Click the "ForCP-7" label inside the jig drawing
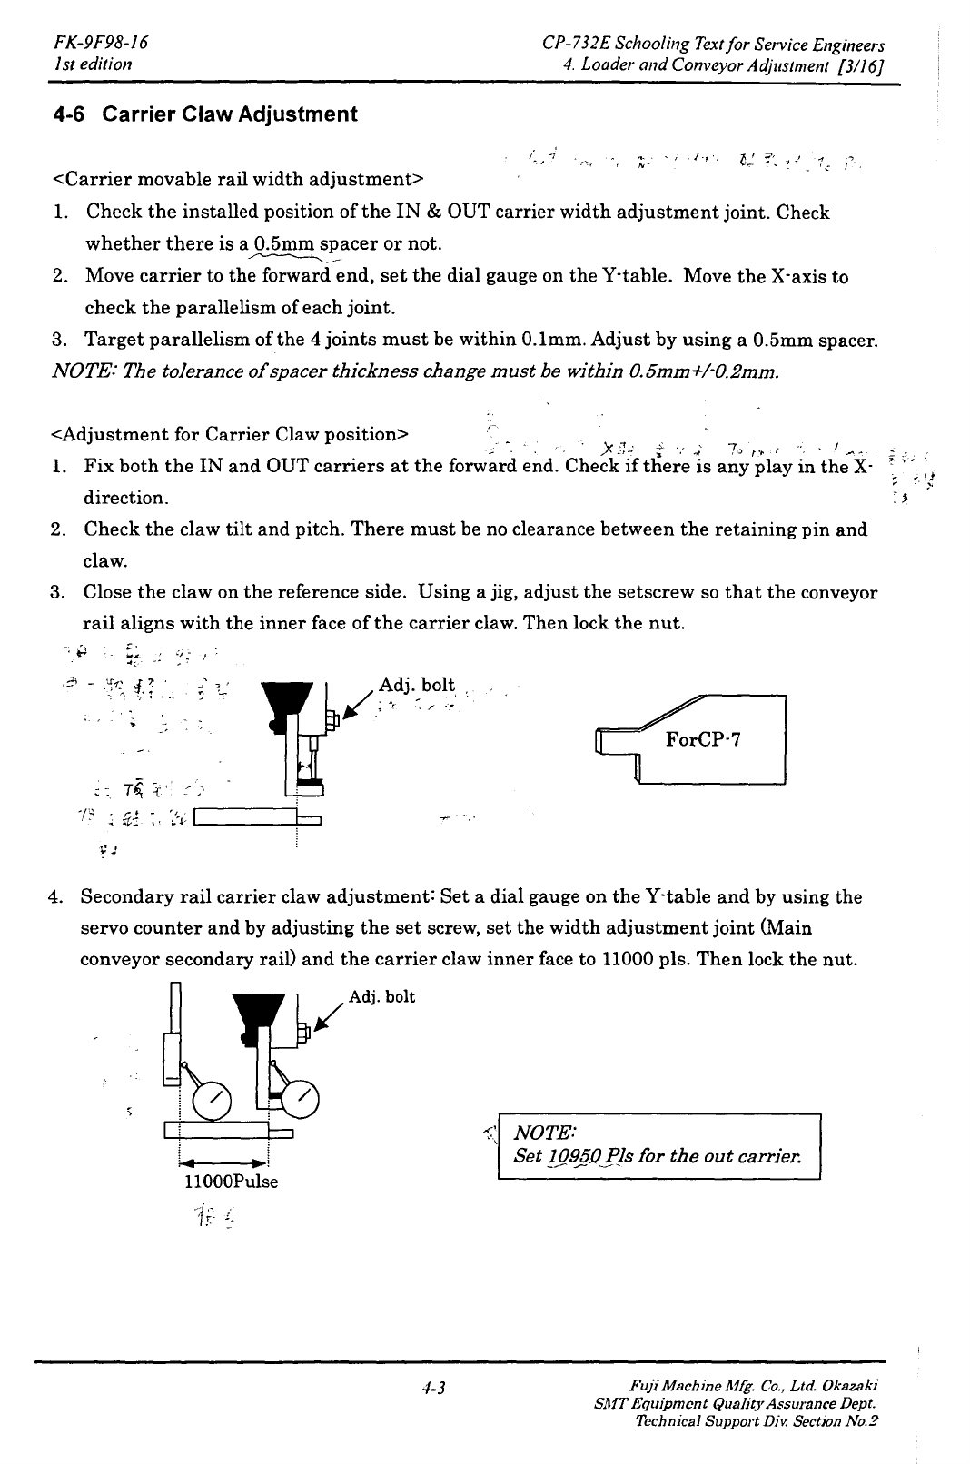705,739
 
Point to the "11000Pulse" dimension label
231,1182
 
